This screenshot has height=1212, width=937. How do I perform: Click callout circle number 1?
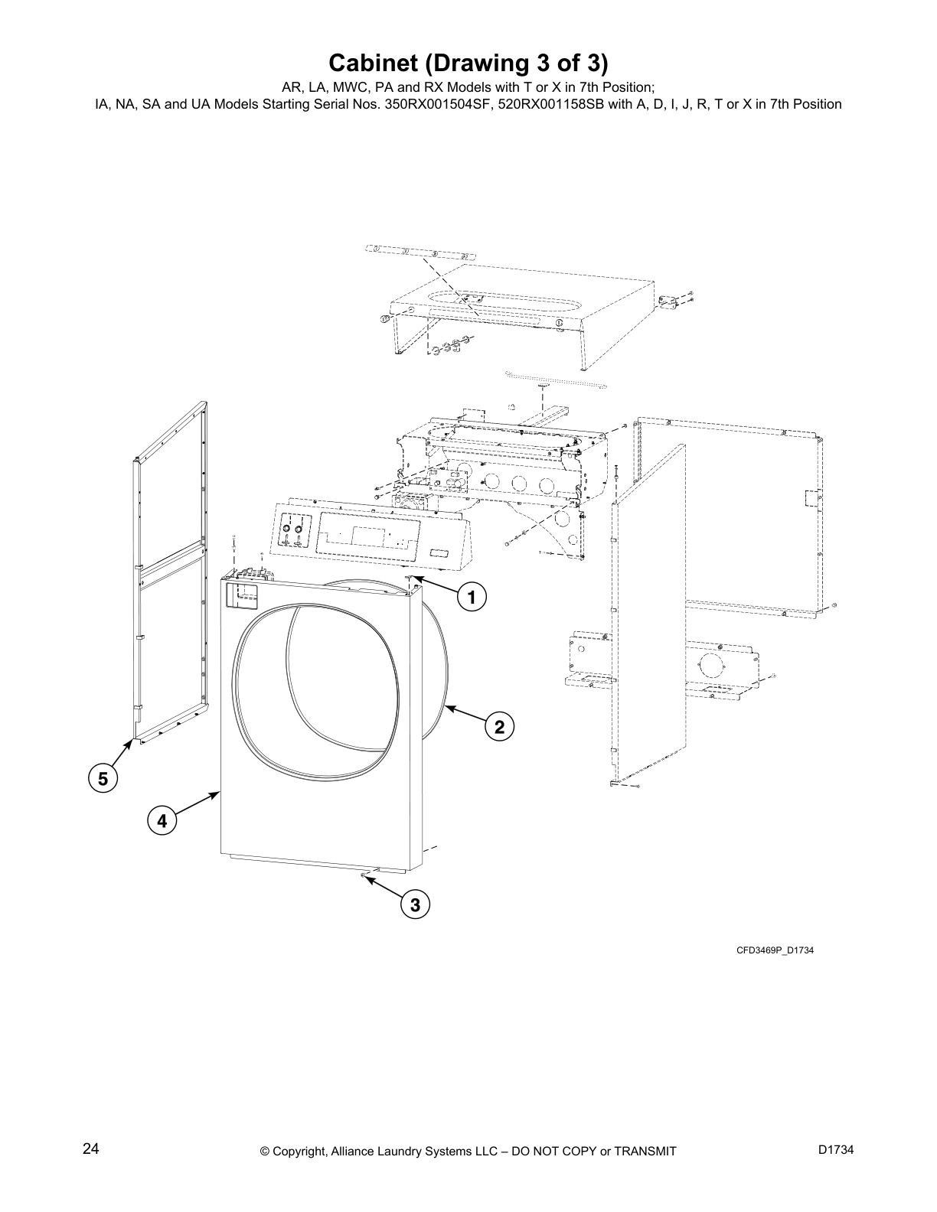(472, 597)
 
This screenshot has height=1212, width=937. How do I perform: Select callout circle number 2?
(499, 726)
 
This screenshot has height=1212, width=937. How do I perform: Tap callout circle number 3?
(415, 905)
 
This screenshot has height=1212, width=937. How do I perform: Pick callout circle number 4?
(162, 822)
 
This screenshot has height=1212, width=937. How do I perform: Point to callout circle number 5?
(102, 779)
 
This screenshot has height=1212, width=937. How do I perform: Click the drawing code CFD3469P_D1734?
(775, 950)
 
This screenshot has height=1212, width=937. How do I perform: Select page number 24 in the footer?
(90, 1149)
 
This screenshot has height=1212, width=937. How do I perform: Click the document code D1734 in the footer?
(835, 1150)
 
